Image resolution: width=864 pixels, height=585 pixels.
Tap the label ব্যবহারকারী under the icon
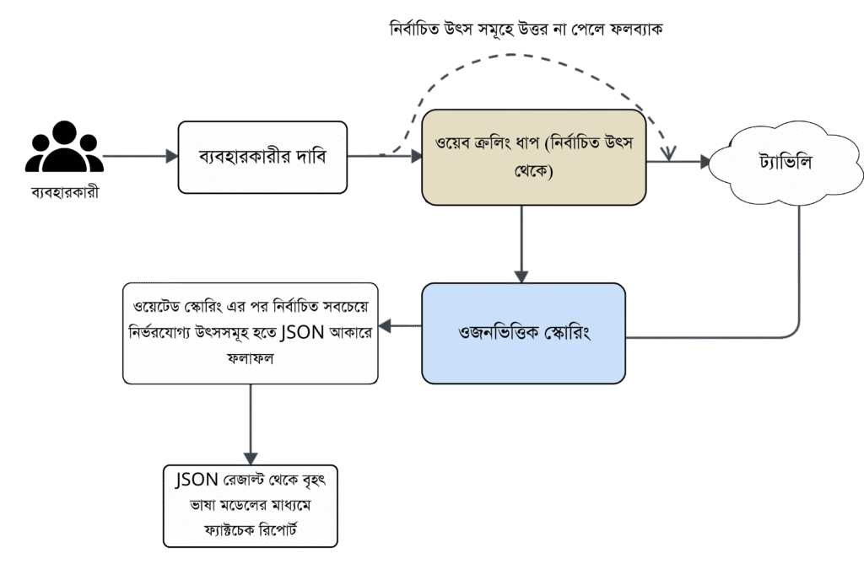click(64, 193)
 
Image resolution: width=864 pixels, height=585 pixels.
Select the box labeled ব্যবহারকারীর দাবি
click(262, 157)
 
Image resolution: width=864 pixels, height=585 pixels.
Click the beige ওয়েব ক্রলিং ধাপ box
click(533, 157)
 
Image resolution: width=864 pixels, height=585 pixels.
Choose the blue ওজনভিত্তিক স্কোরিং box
click(523, 331)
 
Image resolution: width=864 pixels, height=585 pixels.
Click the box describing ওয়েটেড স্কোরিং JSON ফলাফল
click(250, 332)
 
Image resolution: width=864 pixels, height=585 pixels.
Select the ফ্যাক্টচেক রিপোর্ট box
click(251, 506)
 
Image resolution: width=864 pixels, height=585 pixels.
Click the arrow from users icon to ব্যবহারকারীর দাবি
click(139, 156)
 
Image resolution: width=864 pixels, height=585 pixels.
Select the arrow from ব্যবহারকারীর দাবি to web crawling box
click(384, 156)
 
